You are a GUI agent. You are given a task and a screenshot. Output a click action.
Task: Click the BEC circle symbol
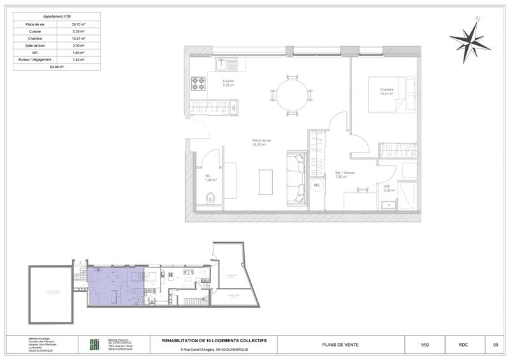click(316, 186)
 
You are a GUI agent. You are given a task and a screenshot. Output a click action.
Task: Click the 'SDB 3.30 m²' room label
click(387, 188)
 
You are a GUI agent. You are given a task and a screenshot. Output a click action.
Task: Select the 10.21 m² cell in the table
click(78, 38)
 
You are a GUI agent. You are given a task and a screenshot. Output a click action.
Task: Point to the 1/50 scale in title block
click(425, 345)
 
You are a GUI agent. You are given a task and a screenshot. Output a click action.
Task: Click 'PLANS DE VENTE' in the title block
click(341, 345)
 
